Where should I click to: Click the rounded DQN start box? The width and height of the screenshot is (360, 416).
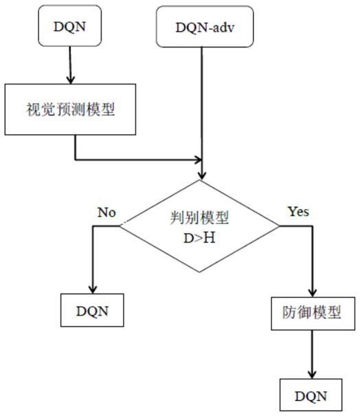point(69,25)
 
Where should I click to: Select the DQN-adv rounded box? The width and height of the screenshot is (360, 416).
point(205,27)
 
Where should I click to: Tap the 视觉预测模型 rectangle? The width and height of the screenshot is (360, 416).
point(70,109)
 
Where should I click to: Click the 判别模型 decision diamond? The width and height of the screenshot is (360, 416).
point(199,226)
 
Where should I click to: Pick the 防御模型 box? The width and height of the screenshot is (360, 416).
point(313,314)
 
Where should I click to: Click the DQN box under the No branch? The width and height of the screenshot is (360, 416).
point(92,310)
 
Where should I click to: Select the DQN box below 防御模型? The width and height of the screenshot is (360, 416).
point(311,395)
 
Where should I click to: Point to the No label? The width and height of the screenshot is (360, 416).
point(106,212)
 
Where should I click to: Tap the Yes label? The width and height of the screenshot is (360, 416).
point(298,212)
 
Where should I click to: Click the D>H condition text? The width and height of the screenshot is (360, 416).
point(199,238)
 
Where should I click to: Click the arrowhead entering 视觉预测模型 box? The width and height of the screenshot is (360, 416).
point(70,80)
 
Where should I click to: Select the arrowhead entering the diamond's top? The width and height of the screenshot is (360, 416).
point(202,175)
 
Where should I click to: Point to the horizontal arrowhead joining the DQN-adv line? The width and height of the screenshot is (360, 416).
point(198,160)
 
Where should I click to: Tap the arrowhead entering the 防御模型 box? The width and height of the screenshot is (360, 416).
point(313,292)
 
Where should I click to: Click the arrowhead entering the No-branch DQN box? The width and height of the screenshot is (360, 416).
point(93,289)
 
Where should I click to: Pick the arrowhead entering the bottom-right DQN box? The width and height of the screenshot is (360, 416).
point(312,374)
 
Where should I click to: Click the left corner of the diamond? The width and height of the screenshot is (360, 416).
point(120,226)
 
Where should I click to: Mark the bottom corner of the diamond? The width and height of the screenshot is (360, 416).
point(199,272)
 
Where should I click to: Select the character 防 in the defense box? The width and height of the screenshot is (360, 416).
point(289,313)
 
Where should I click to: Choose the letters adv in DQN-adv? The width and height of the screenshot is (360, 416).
point(223,28)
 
